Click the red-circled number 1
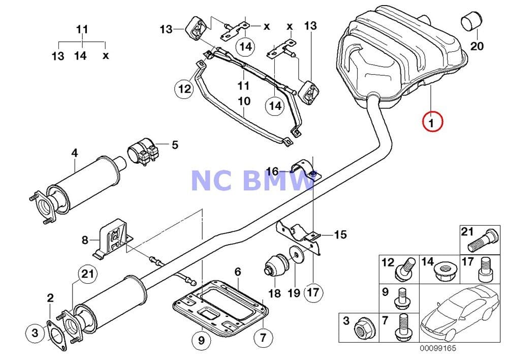(x=431, y=122)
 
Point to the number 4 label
(x=75, y=152)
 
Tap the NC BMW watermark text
(x=252, y=181)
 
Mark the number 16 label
(x=272, y=171)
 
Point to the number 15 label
(x=340, y=234)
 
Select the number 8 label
(x=85, y=239)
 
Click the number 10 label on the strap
(x=244, y=101)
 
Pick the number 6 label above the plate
(x=238, y=273)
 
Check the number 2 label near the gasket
(x=50, y=297)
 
